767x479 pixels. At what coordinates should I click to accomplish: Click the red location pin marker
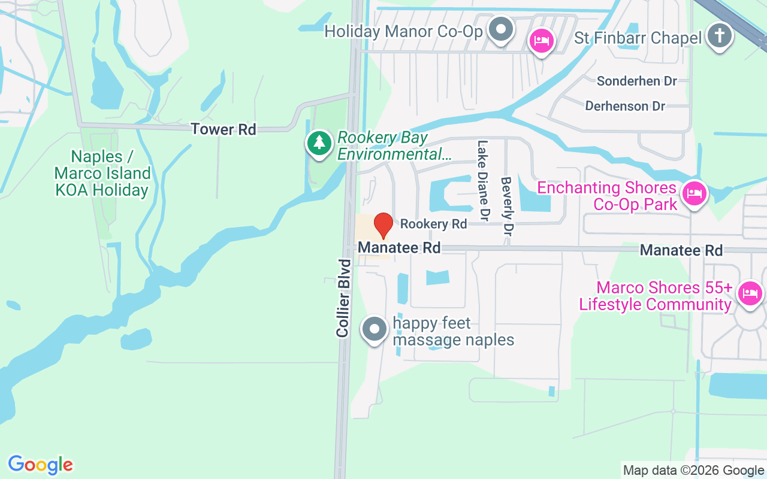383,225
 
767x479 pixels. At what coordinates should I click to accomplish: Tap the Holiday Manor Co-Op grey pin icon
500,29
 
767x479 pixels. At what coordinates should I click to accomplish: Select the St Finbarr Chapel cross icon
719,36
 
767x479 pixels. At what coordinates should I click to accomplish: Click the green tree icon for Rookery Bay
320,144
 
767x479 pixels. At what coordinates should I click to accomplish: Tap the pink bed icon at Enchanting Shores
695,193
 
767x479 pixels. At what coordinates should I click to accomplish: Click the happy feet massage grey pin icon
375,329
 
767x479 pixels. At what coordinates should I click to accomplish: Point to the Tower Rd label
224,129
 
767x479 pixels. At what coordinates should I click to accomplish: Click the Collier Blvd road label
343,298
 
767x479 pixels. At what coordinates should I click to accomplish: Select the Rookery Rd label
433,224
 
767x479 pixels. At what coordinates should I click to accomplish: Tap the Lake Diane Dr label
483,179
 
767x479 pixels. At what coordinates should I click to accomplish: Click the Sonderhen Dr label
636,81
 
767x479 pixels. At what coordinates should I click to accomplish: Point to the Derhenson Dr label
625,106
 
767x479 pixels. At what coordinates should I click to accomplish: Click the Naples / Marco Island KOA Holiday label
102,174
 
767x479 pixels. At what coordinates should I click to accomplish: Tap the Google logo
40,465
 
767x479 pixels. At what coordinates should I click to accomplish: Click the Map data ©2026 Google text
693,471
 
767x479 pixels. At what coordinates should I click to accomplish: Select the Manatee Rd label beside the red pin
399,247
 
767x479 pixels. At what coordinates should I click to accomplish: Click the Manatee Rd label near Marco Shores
681,250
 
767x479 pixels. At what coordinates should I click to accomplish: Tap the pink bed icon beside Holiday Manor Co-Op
542,41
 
